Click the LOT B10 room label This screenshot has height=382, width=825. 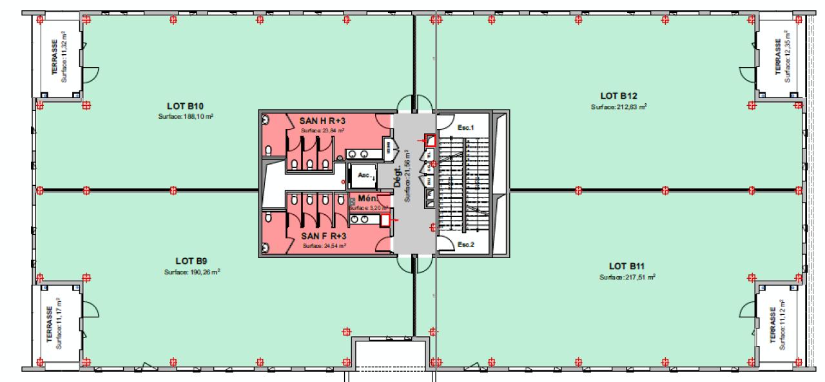(186, 106)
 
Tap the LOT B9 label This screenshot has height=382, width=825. (191, 261)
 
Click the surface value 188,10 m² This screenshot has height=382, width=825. (186, 117)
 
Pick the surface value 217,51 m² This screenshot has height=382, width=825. (627, 277)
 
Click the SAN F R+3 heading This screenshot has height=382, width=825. (325, 236)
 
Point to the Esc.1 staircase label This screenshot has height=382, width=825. (465, 128)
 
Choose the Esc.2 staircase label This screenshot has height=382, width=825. (465, 245)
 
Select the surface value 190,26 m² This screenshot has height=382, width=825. (192, 272)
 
